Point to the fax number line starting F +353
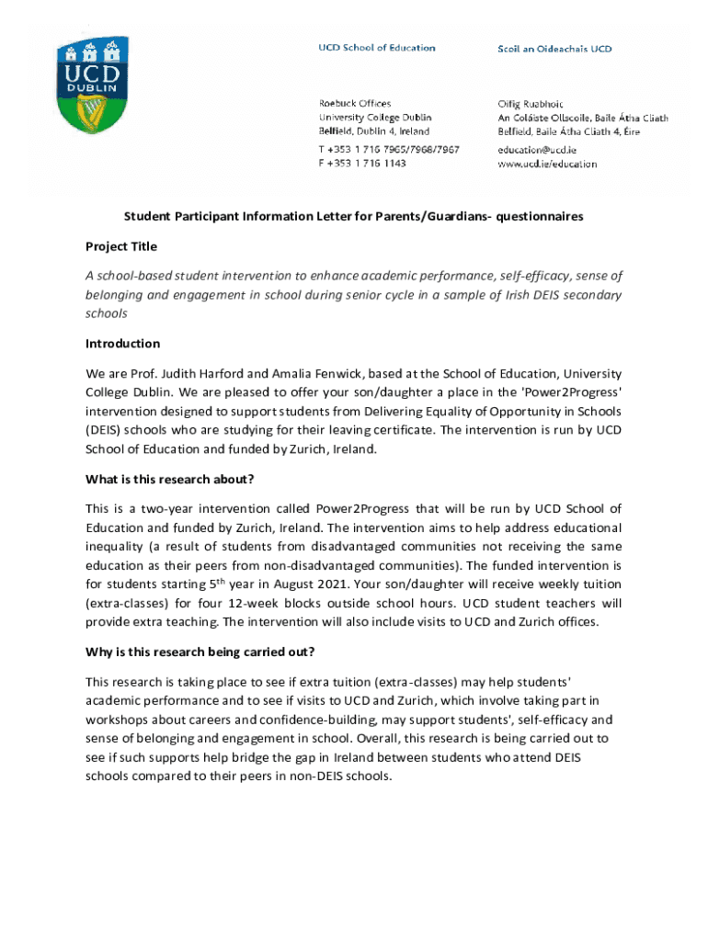362,164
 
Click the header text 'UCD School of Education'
377,48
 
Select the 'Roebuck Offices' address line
355,104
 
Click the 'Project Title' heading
121,246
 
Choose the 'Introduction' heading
122,344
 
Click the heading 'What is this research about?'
169,479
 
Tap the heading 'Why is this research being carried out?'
200,652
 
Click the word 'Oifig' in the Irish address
510,104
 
